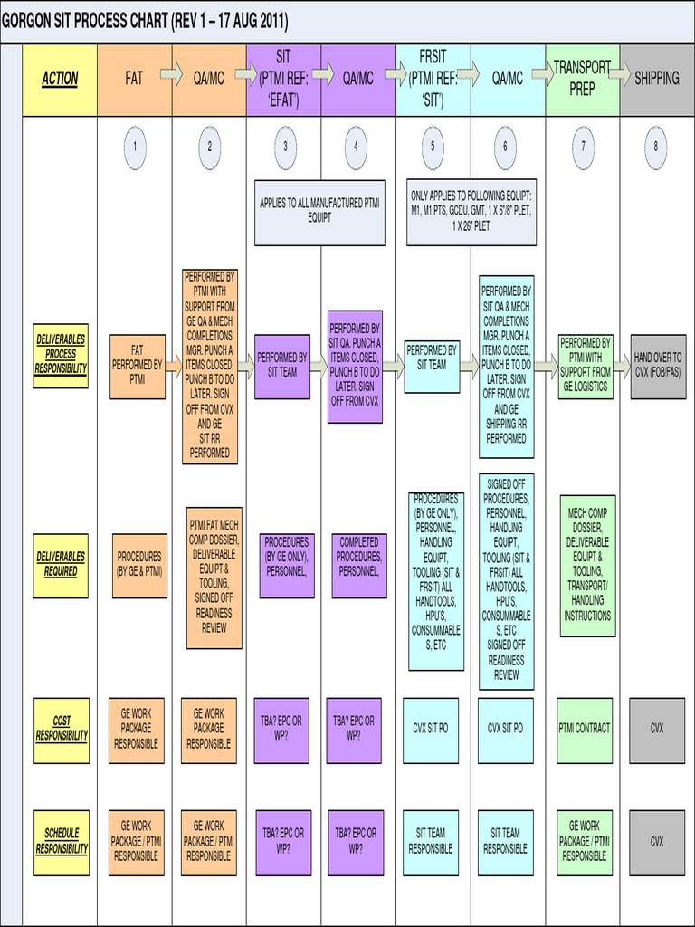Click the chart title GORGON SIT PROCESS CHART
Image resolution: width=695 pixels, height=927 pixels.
tap(145, 21)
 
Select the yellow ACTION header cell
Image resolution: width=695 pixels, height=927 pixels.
tap(60, 79)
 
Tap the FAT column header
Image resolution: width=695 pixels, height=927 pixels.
tap(134, 79)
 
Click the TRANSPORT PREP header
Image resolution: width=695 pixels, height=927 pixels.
tap(582, 79)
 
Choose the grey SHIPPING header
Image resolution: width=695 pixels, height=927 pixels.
tap(657, 79)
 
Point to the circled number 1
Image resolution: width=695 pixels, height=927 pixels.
tap(134, 148)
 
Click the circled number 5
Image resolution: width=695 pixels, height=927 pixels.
tap(433, 148)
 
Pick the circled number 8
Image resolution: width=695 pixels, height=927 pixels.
tap(655, 148)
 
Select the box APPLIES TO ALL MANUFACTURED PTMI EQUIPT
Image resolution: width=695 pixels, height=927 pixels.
tap(319, 210)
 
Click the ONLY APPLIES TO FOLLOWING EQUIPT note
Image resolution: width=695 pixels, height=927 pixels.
tap(471, 210)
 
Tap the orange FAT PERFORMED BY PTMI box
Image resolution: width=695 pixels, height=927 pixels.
tap(138, 366)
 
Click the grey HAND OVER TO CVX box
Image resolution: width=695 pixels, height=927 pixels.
tap(658, 366)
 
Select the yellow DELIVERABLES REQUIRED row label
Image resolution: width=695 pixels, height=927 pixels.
tap(61, 565)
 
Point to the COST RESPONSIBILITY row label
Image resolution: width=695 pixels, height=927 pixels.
tap(62, 729)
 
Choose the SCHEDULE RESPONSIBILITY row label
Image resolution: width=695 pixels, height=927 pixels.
tap(62, 841)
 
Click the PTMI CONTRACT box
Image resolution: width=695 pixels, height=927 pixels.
tap(585, 729)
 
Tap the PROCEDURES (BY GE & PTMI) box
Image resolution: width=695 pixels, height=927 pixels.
tap(139, 565)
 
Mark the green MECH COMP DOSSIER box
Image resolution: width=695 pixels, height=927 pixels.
tap(588, 565)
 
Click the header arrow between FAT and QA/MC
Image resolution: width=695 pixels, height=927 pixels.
tap(172, 72)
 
